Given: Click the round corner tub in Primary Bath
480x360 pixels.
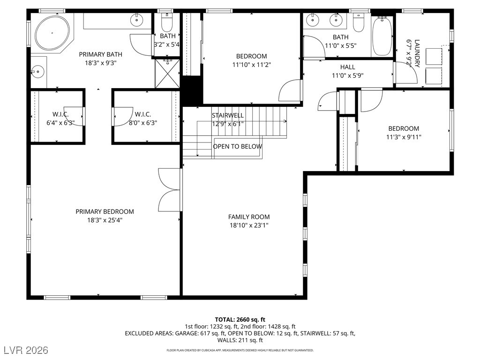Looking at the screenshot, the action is click(52, 33).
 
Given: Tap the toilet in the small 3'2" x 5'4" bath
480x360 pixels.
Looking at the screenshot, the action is click(167, 22).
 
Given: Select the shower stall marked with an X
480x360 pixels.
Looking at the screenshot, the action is click(167, 74).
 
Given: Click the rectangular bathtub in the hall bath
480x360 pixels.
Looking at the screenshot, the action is click(382, 36).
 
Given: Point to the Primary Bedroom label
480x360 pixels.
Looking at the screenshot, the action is click(105, 211).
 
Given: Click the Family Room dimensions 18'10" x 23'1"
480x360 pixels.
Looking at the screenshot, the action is click(249, 225).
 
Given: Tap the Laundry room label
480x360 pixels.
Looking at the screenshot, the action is click(417, 53).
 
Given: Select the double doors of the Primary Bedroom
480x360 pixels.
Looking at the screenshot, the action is click(169, 190).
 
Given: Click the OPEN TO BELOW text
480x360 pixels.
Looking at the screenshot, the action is click(238, 146).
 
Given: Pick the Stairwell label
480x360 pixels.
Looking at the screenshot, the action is click(228, 115).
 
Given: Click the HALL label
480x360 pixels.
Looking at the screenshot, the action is click(347, 67).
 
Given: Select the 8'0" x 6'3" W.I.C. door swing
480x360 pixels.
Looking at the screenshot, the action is click(122, 116).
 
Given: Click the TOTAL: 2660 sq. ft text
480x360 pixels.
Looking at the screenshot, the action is click(240, 320).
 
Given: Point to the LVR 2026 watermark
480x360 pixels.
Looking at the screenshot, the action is click(26, 350).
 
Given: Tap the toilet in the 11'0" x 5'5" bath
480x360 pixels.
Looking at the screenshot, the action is click(359, 22).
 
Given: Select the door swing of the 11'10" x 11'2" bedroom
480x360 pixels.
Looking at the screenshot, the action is click(290, 90).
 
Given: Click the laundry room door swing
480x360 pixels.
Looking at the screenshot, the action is click(406, 73).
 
